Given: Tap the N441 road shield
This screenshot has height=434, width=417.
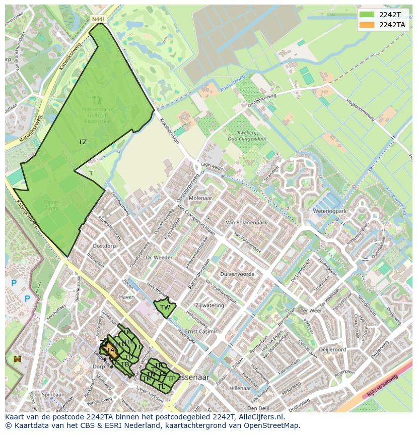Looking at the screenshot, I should coord(98,19).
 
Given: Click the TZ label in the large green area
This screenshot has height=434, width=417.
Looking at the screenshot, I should coord(83,142).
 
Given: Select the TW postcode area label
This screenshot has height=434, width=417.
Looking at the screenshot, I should coord(165,307).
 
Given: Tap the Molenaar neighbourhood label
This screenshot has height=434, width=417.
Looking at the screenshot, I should coord(200,199).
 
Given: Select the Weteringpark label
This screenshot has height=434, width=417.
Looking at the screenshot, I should coord(329,211).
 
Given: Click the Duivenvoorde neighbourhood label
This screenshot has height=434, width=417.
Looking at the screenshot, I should coord(237,274).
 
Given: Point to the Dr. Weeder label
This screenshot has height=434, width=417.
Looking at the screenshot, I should coord(159,258).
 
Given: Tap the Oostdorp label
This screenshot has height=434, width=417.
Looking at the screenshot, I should coord(104,246).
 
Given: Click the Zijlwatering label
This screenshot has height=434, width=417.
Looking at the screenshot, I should coord(210,305).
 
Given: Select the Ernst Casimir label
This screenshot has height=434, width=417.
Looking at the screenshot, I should coord(201,331).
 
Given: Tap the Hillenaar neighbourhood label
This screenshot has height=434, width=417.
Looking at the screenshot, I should coord(240,388).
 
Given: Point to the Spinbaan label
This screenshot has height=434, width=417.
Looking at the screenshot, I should coord(53,395).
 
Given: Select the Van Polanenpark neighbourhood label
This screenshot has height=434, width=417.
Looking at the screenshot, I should coord(246,222).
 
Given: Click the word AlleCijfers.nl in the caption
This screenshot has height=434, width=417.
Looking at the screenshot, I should coord(260,417).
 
